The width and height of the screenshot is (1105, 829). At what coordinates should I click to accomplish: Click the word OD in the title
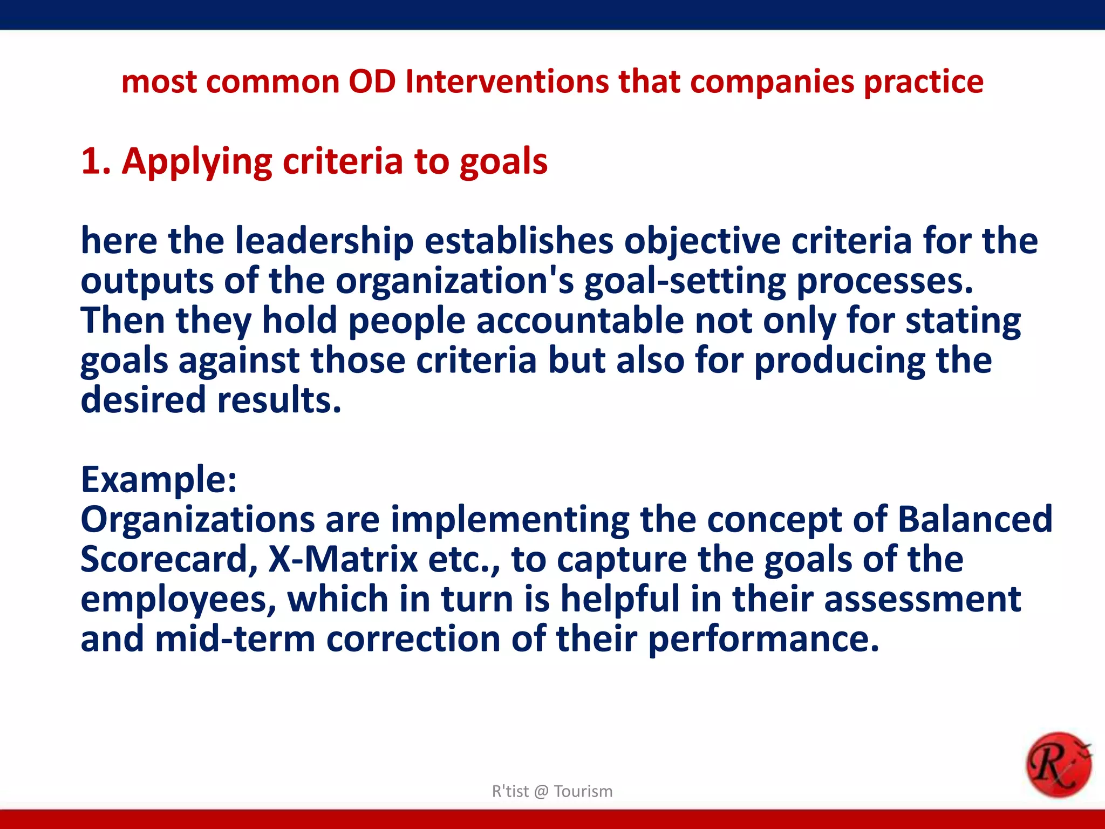pos(372,82)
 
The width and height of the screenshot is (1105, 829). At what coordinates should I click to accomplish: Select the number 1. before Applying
pos(96,161)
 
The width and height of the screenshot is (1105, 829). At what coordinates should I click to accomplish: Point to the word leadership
pos(324,241)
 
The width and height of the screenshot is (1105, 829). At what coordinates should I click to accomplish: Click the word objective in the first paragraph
pos(702,242)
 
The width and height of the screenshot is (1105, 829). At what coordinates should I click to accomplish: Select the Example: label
pos(159,480)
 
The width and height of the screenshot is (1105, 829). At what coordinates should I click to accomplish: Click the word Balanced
pos(975,519)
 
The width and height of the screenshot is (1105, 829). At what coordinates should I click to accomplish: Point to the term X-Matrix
pos(343,559)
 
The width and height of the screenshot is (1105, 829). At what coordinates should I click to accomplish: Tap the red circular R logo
pos(1058,765)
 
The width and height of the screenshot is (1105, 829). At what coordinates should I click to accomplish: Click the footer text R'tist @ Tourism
pos(552,791)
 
